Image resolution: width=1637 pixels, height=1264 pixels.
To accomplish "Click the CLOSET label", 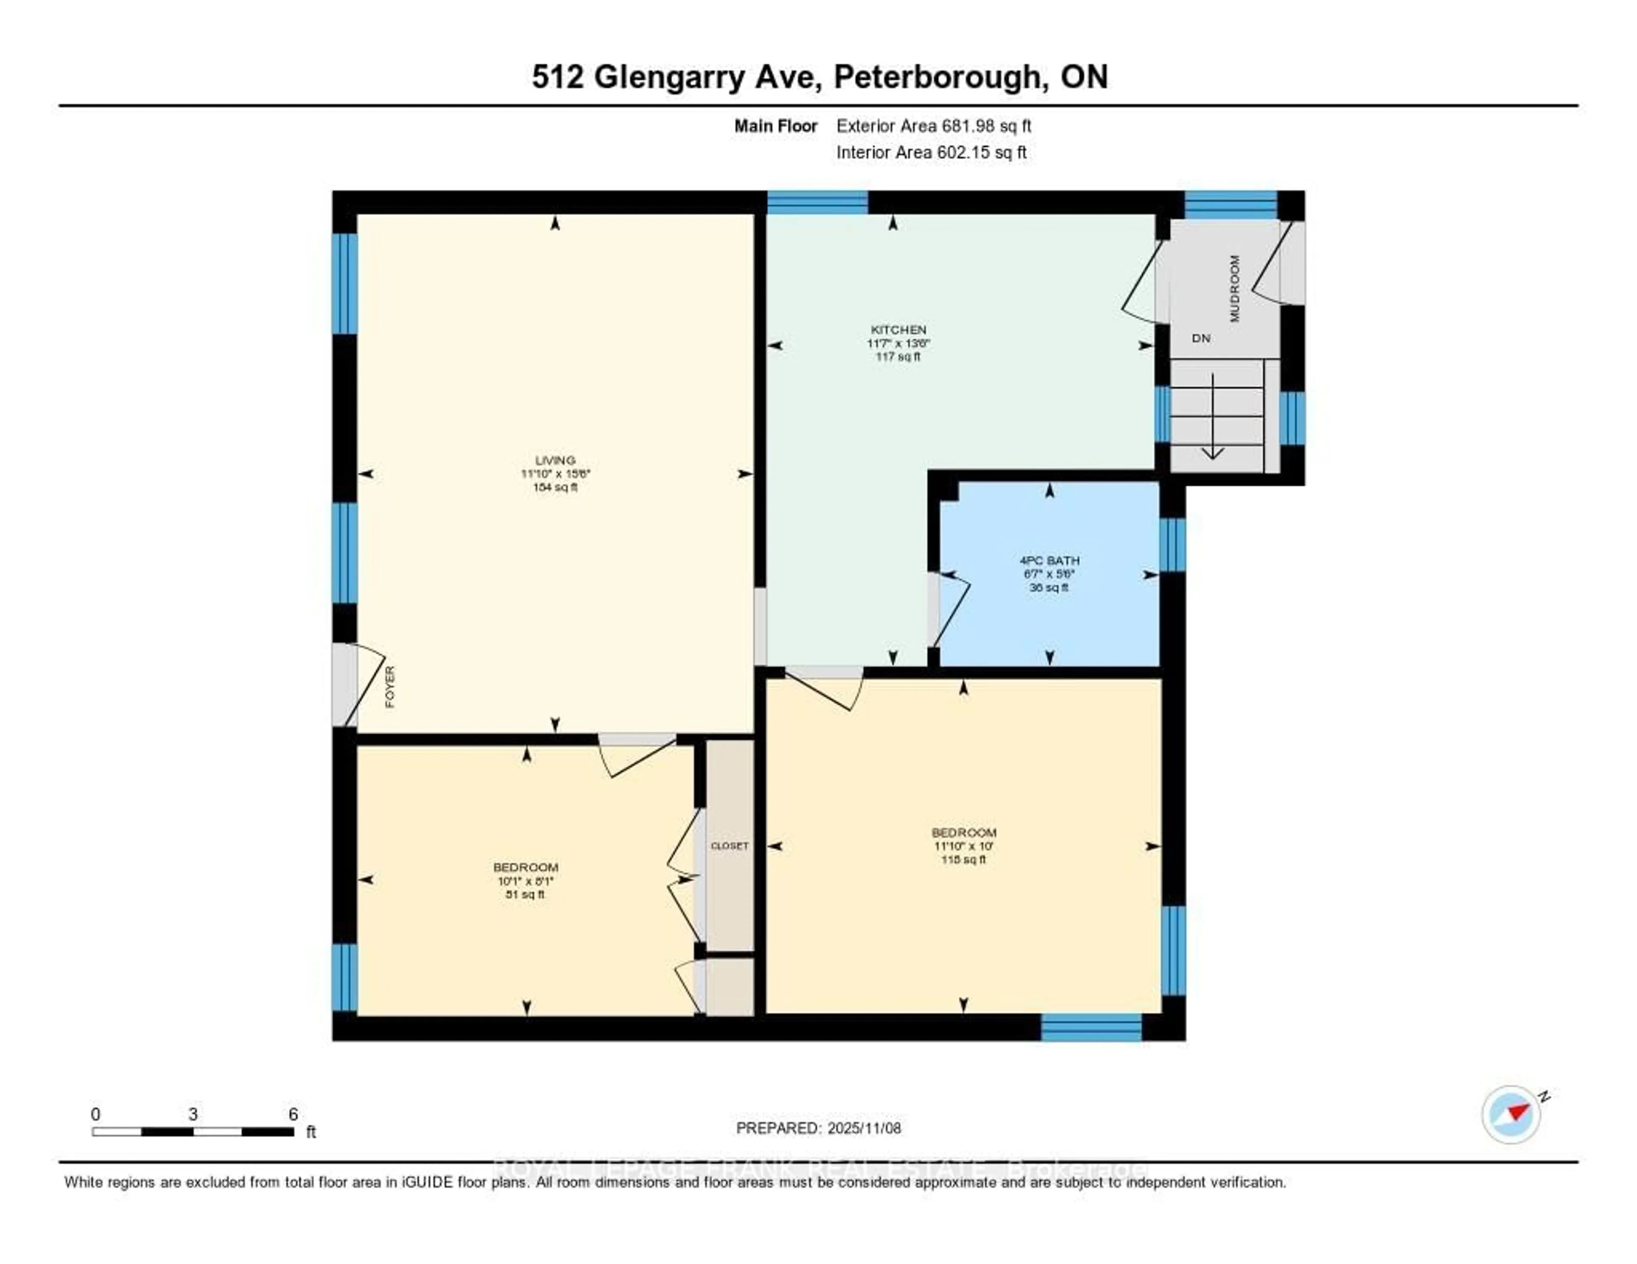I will coord(729,846).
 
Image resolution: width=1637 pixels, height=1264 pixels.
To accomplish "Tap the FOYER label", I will coord(390,687).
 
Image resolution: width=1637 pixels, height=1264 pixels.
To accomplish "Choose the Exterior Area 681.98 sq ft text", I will coord(933,126).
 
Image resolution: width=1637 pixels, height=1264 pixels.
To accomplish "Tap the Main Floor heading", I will coord(775,126).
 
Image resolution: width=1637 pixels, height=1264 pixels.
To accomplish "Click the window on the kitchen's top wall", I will coord(817,203).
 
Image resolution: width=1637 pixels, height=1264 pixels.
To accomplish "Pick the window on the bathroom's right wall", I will coord(1172,545).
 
